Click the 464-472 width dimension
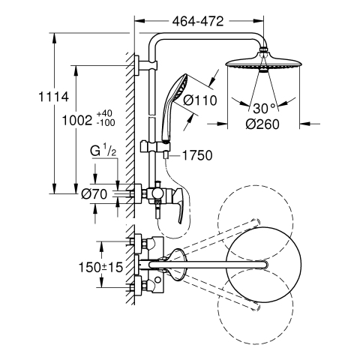pyautogui.click(x=198, y=22)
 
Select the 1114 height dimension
pyautogui.click(x=53, y=97)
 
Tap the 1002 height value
pyautogui.click(x=77, y=121)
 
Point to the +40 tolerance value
pyautogui.click(x=104, y=113)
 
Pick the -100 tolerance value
pyautogui.click(x=106, y=123)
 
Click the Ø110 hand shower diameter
pyautogui.click(x=200, y=100)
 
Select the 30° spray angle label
pyautogui.click(x=264, y=108)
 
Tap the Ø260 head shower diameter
pyautogui.click(x=262, y=124)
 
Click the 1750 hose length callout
pyautogui.click(x=197, y=155)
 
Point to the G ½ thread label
pyautogui.click(x=103, y=151)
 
